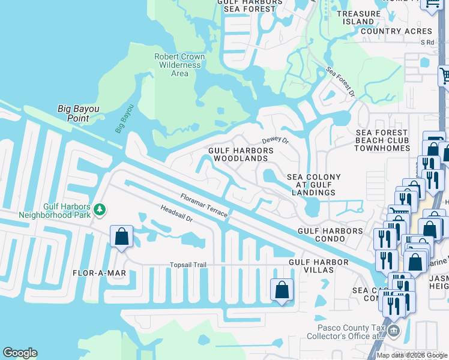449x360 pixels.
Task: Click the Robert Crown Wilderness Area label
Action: [179, 65]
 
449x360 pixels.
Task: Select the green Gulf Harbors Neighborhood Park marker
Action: [100, 209]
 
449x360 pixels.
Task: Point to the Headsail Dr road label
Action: [176, 215]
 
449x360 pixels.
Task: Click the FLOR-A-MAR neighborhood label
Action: [99, 273]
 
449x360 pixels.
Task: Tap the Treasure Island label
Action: [358, 17]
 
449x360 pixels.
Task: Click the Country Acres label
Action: [396, 31]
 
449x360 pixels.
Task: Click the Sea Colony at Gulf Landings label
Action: [313, 185]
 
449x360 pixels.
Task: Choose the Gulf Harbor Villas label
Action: [318, 266]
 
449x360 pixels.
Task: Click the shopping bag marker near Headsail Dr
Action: [122, 236]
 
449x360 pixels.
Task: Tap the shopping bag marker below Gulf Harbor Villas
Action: [282, 291]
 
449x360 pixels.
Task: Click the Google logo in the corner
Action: [20, 353]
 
